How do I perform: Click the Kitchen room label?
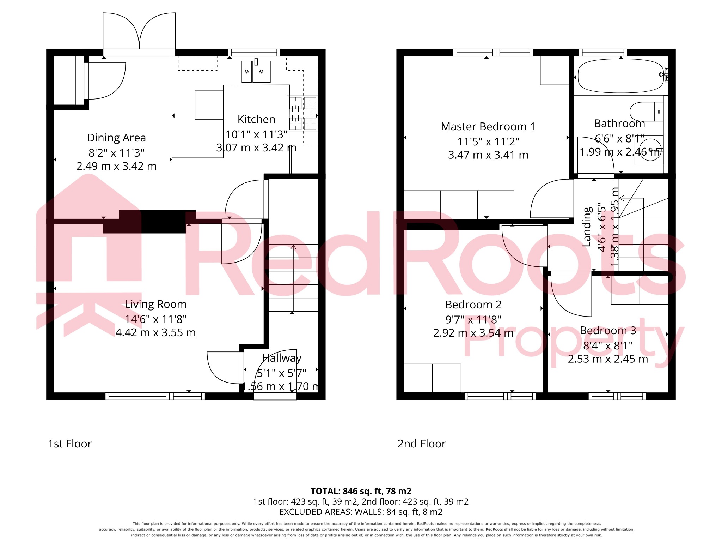pyautogui.click(x=256, y=119)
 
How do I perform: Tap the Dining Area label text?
pyautogui.click(x=116, y=138)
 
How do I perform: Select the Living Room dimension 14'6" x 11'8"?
pyautogui.click(x=155, y=319)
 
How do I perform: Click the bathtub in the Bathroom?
pyautogui.click(x=620, y=76)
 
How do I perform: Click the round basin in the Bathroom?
pyautogui.click(x=649, y=152)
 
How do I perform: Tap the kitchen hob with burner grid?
pyautogui.click(x=302, y=113)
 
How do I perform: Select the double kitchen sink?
pyautogui.click(x=256, y=72)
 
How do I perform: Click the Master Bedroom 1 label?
pyautogui.click(x=488, y=126)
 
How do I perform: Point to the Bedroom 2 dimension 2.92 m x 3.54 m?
pyautogui.click(x=473, y=333)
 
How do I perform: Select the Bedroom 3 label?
pyautogui.click(x=608, y=330)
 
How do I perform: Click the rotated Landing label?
pyautogui.click(x=587, y=227)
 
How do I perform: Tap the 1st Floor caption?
pyautogui.click(x=70, y=444)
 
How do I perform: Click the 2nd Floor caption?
pyautogui.click(x=422, y=444)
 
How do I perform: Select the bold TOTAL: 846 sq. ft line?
pyautogui.click(x=361, y=491)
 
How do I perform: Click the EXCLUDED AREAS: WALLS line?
pyautogui.click(x=361, y=512)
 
